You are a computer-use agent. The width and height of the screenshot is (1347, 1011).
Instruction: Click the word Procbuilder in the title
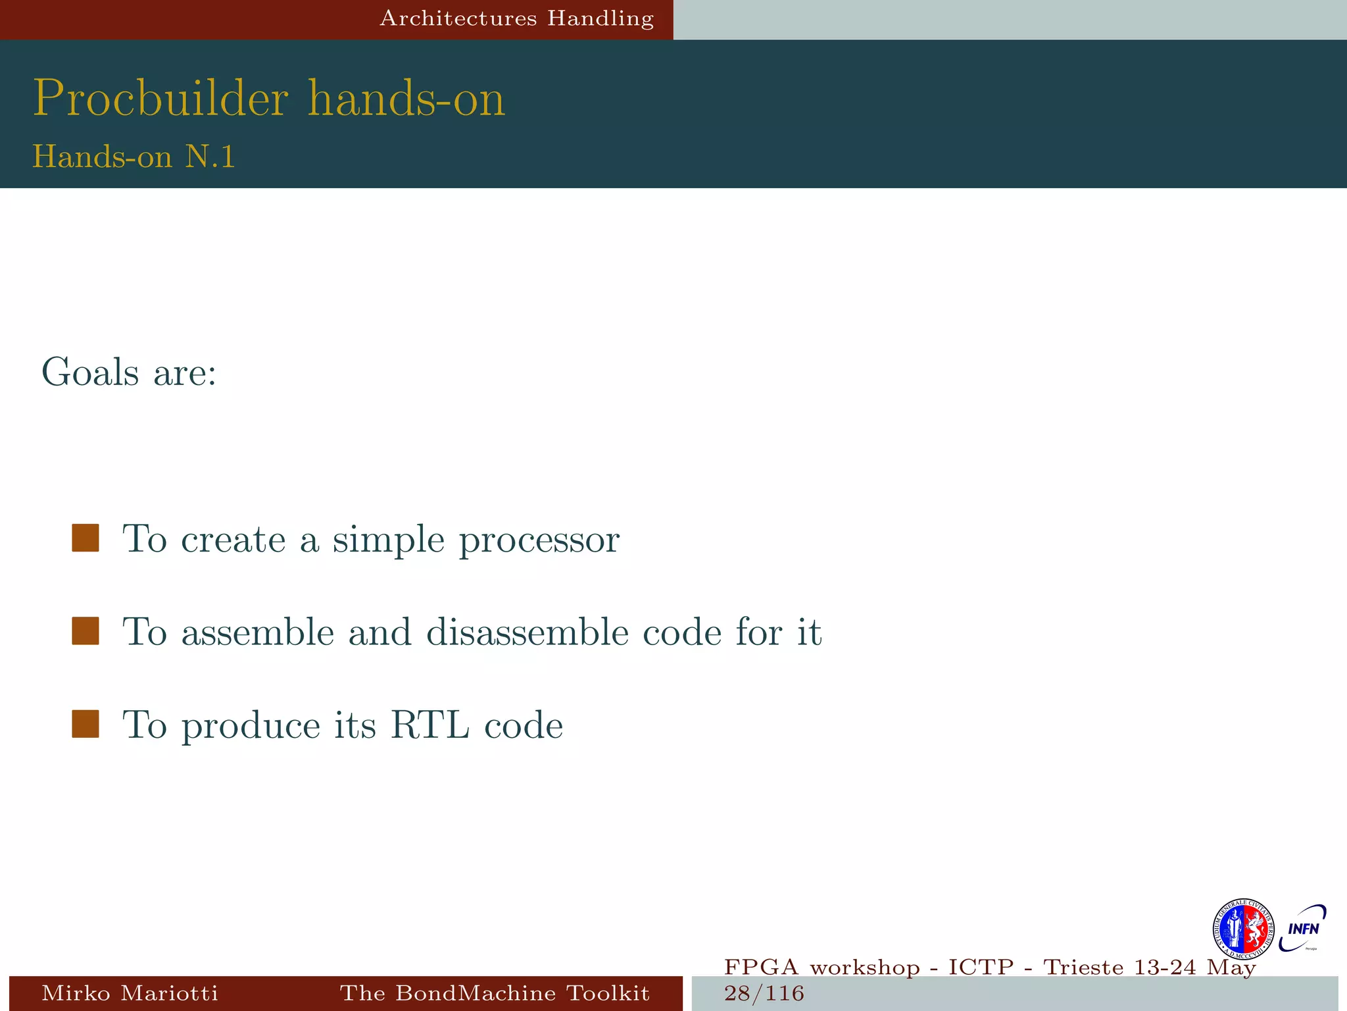pyautogui.click(x=160, y=99)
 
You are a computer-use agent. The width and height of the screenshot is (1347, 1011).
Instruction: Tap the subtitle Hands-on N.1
pyautogui.click(x=134, y=157)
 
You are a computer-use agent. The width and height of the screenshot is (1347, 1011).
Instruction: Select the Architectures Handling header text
pyautogui.click(x=517, y=18)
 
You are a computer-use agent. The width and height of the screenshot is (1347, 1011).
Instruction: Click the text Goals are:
pyautogui.click(x=129, y=373)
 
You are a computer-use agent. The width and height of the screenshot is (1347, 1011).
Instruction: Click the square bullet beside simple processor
pyautogui.click(x=86, y=538)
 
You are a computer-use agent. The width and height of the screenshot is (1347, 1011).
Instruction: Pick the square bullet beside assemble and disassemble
pyautogui.click(x=86, y=631)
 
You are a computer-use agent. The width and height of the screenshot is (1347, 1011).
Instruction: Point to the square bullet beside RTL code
pyautogui.click(x=86, y=723)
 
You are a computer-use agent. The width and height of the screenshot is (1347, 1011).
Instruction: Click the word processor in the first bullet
pyautogui.click(x=539, y=540)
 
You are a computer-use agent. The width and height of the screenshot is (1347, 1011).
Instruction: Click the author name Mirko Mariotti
pyautogui.click(x=130, y=993)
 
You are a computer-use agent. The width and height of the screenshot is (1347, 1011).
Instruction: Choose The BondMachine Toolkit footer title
pyautogui.click(x=495, y=993)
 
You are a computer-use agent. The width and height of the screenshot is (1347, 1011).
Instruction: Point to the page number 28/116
pyautogui.click(x=764, y=993)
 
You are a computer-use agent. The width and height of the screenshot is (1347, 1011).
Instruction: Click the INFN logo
pyautogui.click(x=1303, y=928)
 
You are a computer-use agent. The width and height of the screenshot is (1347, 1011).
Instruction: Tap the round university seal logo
pyautogui.click(x=1243, y=929)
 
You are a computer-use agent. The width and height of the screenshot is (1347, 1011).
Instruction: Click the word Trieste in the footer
pyautogui.click(x=1084, y=968)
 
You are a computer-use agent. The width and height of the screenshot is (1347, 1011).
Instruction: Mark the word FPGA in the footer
pyautogui.click(x=762, y=968)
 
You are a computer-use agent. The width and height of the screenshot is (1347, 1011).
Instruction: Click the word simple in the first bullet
pyautogui.click(x=389, y=540)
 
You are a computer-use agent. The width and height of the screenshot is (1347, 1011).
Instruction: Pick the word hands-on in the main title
pyautogui.click(x=406, y=99)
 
